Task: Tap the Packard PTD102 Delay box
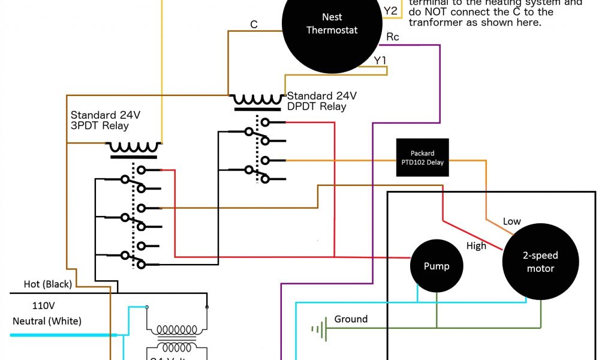coord(423,158)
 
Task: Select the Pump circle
coord(436,266)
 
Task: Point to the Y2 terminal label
coord(390,11)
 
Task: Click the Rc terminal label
coord(393,37)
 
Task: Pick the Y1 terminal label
coord(380,60)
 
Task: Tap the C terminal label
coord(254,25)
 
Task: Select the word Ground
coord(351,319)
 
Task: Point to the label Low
coord(511,221)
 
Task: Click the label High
coord(476,245)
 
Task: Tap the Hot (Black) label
coord(47,284)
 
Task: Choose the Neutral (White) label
coord(47,321)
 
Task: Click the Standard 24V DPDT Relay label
coord(322,101)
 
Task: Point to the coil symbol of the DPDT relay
coord(258,99)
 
